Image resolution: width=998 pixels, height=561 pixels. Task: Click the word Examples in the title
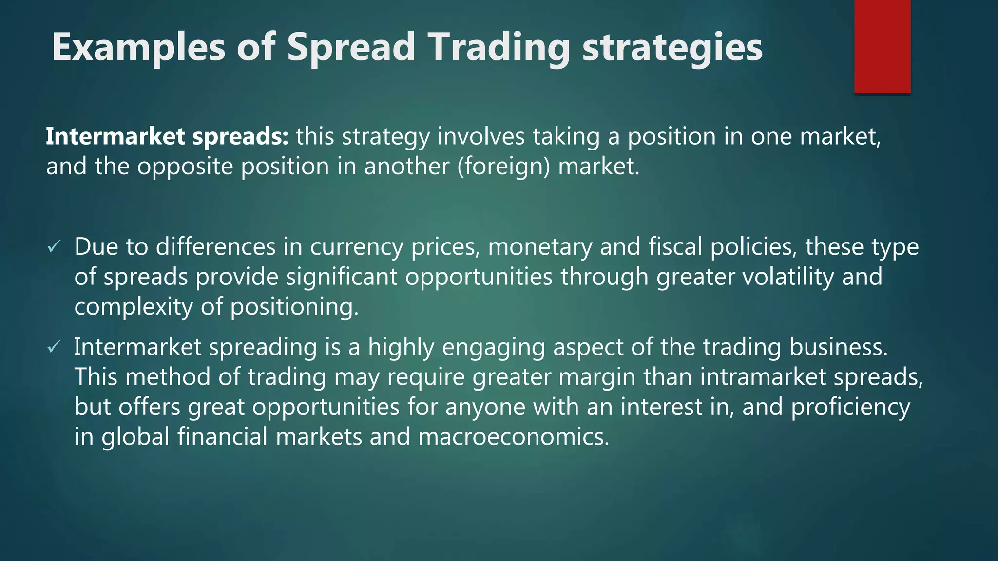click(138, 47)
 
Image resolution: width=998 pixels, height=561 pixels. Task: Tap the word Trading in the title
click(499, 47)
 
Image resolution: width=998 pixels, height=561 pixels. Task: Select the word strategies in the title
click(672, 47)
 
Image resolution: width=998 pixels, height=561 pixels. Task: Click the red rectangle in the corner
click(882, 46)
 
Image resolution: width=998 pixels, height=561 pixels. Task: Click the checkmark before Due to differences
click(54, 247)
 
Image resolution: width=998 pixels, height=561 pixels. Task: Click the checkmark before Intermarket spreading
click(54, 347)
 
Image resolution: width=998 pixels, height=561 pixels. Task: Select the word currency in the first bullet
click(357, 247)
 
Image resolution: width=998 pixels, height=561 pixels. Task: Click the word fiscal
click(675, 246)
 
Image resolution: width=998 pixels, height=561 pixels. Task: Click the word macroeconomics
click(514, 437)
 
